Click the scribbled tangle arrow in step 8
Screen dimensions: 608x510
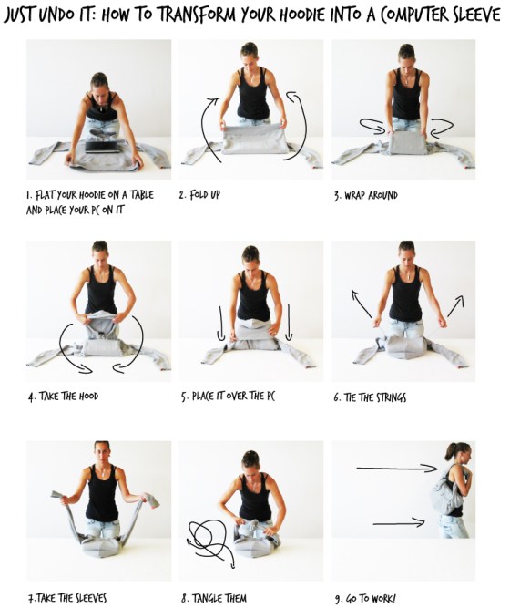pyautogui.click(x=208, y=538)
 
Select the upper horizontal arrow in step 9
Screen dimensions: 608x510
pyautogui.click(x=396, y=469)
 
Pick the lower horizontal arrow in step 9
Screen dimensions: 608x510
pyautogui.click(x=398, y=522)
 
